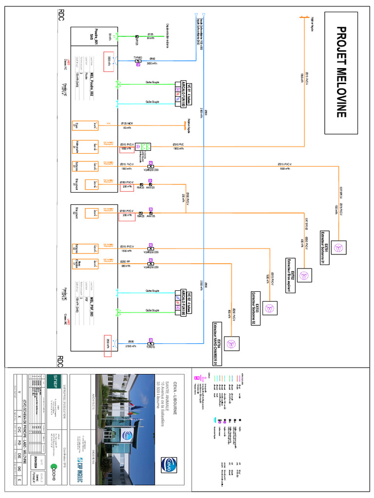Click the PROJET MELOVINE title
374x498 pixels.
pyautogui.click(x=340, y=72)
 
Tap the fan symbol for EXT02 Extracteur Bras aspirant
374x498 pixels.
pyautogui.click(x=305, y=276)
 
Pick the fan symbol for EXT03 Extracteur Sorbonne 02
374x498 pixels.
pyautogui.click(x=269, y=307)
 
